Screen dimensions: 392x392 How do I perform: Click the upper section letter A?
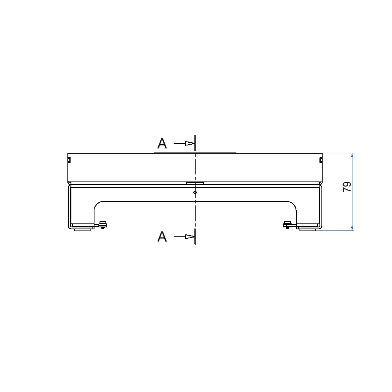(162, 143)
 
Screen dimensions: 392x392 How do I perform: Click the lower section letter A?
(162, 236)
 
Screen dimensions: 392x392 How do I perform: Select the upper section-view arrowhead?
(190, 143)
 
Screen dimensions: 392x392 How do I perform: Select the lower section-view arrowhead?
(190, 236)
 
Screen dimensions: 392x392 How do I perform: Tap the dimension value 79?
(347, 187)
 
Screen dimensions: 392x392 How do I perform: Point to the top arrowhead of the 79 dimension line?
(352, 155)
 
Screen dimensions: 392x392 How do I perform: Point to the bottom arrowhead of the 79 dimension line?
(352, 228)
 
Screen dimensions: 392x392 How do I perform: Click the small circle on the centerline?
(195, 192)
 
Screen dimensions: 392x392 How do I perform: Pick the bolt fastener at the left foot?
(103, 225)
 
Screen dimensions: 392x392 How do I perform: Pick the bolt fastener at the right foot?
(287, 225)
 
